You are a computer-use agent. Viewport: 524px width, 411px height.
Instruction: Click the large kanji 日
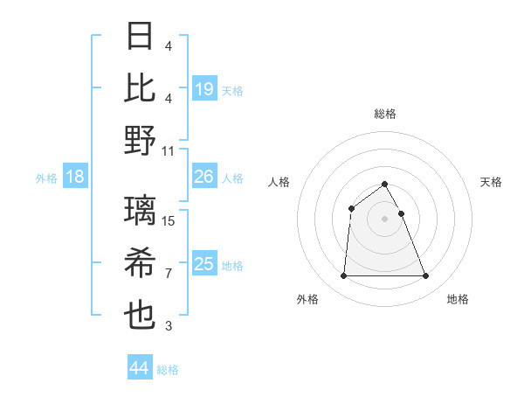[x=141, y=38]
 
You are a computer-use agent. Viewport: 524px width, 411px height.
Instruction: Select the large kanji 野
[x=141, y=140]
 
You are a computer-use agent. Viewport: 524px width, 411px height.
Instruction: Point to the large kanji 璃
[x=141, y=210]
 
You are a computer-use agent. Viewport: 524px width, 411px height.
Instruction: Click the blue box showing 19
[x=204, y=88]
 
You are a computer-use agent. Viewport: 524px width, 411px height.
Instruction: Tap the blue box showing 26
[x=204, y=177]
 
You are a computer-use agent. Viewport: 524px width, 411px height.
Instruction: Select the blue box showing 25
[x=204, y=264]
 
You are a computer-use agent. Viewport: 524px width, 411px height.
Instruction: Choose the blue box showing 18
[x=75, y=178]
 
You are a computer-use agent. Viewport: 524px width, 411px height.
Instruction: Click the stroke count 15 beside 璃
[x=169, y=221]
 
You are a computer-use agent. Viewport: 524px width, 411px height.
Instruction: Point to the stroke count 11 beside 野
[x=169, y=150]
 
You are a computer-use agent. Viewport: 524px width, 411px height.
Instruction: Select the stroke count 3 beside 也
[x=168, y=326]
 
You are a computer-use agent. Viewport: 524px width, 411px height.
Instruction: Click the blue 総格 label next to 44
[x=168, y=370]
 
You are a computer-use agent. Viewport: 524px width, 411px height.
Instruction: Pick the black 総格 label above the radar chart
[x=384, y=114]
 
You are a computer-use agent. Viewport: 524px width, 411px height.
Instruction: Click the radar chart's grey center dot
[x=384, y=218]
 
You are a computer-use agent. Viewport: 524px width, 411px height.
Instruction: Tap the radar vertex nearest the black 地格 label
[x=425, y=276]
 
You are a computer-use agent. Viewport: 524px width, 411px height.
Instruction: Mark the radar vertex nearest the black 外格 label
[x=343, y=276]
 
